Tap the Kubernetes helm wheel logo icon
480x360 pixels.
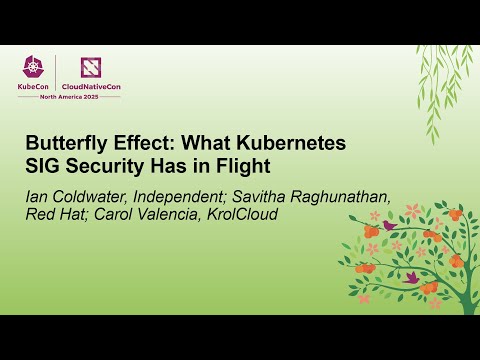pyautogui.click(x=36, y=66)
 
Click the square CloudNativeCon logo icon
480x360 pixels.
pyautogui.click(x=91, y=66)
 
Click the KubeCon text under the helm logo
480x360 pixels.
pyautogui.click(x=36, y=85)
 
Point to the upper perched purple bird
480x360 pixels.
pyautogui.click(x=388, y=225)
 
